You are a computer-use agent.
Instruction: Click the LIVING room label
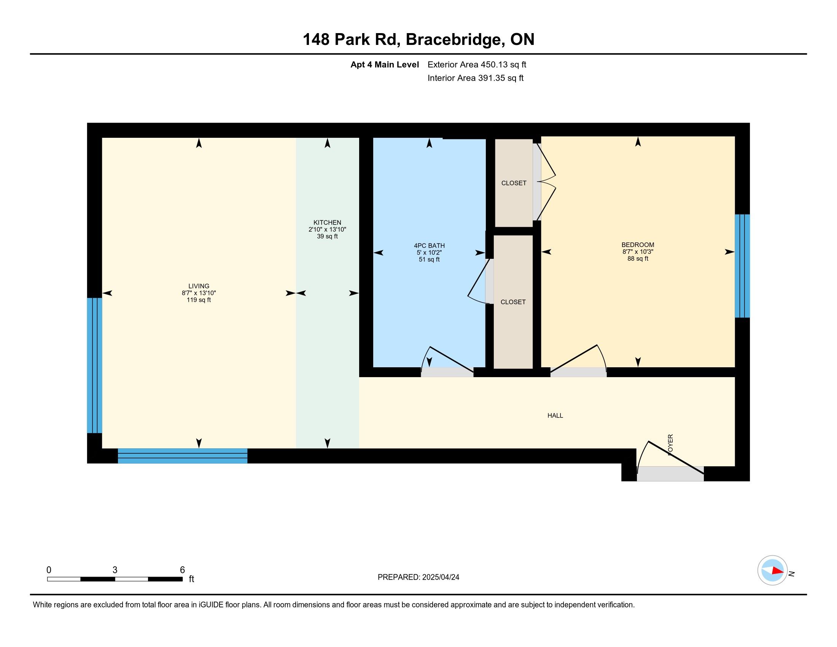pos(199,286)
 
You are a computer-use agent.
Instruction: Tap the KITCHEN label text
pos(327,222)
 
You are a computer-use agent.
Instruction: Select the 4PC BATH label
pos(429,246)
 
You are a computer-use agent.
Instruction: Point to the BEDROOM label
pos(638,245)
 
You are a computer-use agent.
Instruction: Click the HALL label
pos(555,416)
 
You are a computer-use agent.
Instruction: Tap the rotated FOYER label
pos(670,445)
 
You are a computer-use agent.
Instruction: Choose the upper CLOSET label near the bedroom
pos(514,183)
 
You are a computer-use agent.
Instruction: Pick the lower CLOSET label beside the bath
pos(513,302)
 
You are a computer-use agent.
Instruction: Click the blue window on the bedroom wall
pos(742,266)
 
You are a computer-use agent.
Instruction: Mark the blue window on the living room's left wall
pos(94,365)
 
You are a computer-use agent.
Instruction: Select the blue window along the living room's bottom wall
pos(182,456)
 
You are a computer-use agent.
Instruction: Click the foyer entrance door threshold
pos(670,474)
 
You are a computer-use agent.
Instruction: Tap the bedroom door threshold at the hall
pos(578,372)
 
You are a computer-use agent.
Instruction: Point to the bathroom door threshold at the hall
pos(447,372)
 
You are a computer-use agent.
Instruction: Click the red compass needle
pos(778,571)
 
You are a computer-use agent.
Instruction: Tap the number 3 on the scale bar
pos(115,570)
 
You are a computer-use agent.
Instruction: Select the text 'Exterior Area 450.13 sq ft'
pos(477,65)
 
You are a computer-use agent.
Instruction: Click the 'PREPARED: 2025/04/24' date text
pos(418,577)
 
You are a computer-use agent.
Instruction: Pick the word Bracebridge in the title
pos(453,40)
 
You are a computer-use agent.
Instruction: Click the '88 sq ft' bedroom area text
pos(638,259)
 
